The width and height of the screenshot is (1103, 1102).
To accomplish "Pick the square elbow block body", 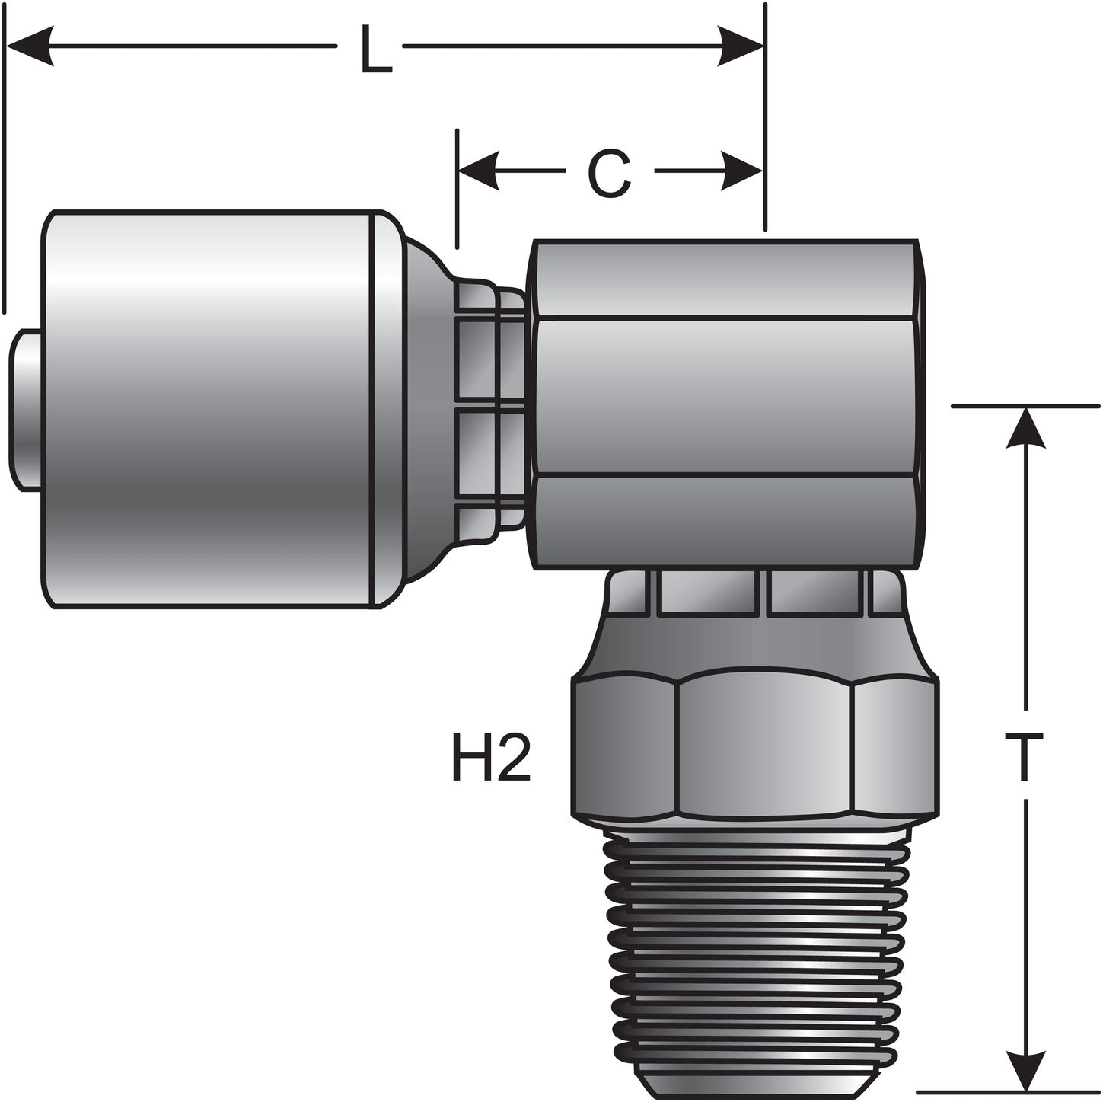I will [727, 404].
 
